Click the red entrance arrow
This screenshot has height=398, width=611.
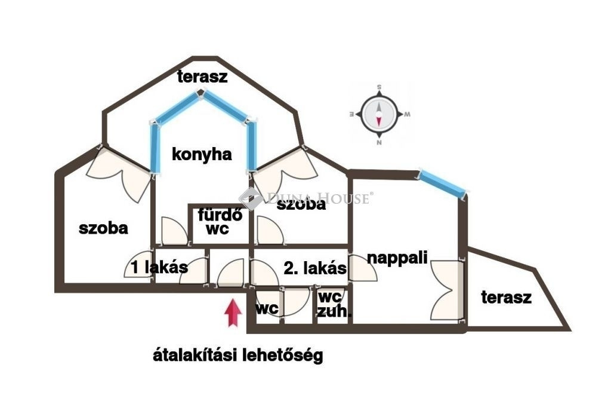pyautogui.click(x=233, y=313)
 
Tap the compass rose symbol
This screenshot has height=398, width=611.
pyautogui.click(x=379, y=114)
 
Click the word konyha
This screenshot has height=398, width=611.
pyautogui.click(x=202, y=155)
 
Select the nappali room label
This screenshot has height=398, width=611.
pyautogui.click(x=397, y=258)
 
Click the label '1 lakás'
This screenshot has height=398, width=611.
pyautogui.click(x=159, y=267)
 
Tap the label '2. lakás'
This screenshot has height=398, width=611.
pyautogui.click(x=315, y=268)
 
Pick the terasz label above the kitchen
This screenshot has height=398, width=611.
pyautogui.click(x=202, y=76)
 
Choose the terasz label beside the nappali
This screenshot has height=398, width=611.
pyautogui.click(x=506, y=298)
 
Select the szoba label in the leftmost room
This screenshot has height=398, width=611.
pyautogui.click(x=103, y=228)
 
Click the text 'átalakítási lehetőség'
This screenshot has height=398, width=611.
pyautogui.click(x=237, y=356)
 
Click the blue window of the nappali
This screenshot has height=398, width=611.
pyautogui.click(x=442, y=183)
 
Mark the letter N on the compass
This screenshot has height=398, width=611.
pyautogui.click(x=379, y=143)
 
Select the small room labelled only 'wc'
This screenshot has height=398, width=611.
pyautogui.click(x=267, y=308)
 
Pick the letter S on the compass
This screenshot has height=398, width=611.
pyautogui.click(x=379, y=87)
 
